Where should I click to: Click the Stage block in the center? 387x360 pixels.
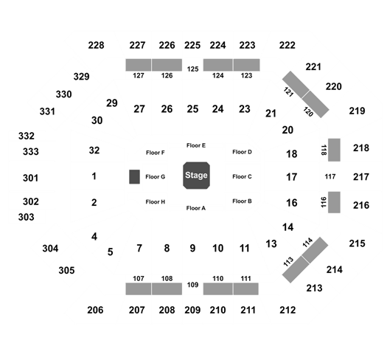197,176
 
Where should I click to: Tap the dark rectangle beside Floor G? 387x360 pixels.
134,176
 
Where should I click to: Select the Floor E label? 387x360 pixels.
196,145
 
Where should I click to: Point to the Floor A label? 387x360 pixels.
196,208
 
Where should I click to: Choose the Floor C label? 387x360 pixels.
242,176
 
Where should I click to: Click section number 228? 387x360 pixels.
97,45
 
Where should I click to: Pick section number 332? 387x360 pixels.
27,136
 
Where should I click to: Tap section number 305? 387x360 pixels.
66,270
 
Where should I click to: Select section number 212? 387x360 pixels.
287,310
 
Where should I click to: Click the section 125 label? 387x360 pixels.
192,69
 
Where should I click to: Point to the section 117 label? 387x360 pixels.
330,176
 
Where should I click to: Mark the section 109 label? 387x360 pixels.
192,285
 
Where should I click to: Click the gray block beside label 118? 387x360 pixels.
334,150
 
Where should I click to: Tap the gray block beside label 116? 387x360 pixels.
334,202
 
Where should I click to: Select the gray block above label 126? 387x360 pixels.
167,65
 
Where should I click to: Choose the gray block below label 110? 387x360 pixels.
218,289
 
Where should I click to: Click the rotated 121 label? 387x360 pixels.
288,92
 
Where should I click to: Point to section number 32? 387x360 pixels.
94,150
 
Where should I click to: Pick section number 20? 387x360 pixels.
287,130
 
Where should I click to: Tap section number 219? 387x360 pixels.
357,111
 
